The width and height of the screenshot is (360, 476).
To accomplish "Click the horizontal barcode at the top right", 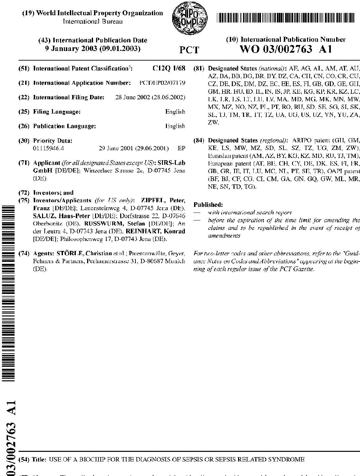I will (x=285, y=18).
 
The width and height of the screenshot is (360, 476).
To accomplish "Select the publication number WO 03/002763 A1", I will (x=285, y=49).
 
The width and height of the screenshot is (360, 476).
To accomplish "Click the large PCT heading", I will (x=189, y=50).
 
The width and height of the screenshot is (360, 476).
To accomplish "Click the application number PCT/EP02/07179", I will (x=163, y=83).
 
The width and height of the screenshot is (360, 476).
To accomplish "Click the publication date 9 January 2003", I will (x=93, y=49).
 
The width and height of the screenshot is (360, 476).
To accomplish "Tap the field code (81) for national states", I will (x=199, y=69).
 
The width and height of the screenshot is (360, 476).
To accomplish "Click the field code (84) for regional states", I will (x=199, y=140).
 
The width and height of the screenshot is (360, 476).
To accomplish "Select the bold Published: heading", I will (x=208, y=205).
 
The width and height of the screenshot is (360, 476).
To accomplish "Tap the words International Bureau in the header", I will (x=93, y=22).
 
